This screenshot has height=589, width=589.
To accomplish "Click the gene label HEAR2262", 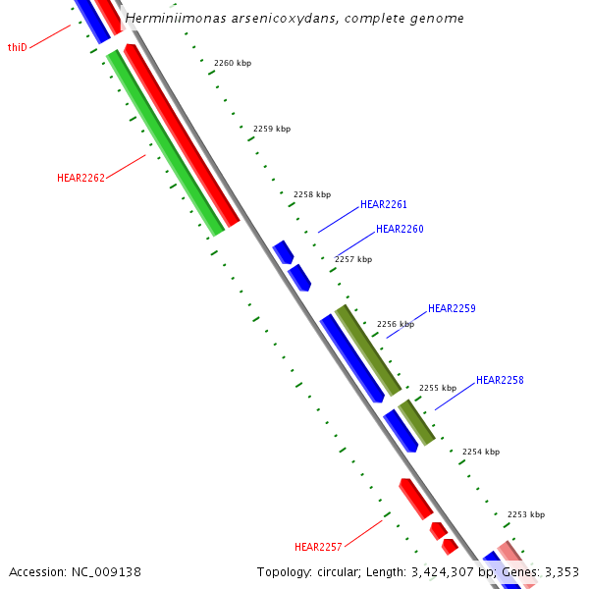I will [80, 178].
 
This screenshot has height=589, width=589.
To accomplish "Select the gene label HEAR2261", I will [384, 204].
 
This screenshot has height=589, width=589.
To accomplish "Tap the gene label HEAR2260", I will [400, 229].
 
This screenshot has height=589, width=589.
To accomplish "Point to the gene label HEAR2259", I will [452, 308].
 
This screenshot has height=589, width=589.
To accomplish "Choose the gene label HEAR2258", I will [500, 380].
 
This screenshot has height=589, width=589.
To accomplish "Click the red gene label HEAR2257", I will [318, 547].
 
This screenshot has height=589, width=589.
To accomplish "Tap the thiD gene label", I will [18, 47].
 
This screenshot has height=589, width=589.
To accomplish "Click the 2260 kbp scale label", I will [232, 63].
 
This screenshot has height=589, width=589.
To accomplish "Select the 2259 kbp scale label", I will [272, 129].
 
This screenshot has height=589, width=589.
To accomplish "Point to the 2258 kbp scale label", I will [312, 194].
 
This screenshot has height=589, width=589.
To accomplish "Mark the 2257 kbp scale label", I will [353, 259].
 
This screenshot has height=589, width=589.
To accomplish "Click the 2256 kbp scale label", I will [396, 324].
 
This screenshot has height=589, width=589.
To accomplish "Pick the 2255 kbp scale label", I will [438, 388].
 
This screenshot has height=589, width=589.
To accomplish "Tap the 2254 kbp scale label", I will [481, 452].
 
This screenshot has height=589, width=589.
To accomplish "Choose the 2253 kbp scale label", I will [526, 514].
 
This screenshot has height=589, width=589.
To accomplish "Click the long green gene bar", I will [165, 142].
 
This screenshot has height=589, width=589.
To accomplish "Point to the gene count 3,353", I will [562, 571].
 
